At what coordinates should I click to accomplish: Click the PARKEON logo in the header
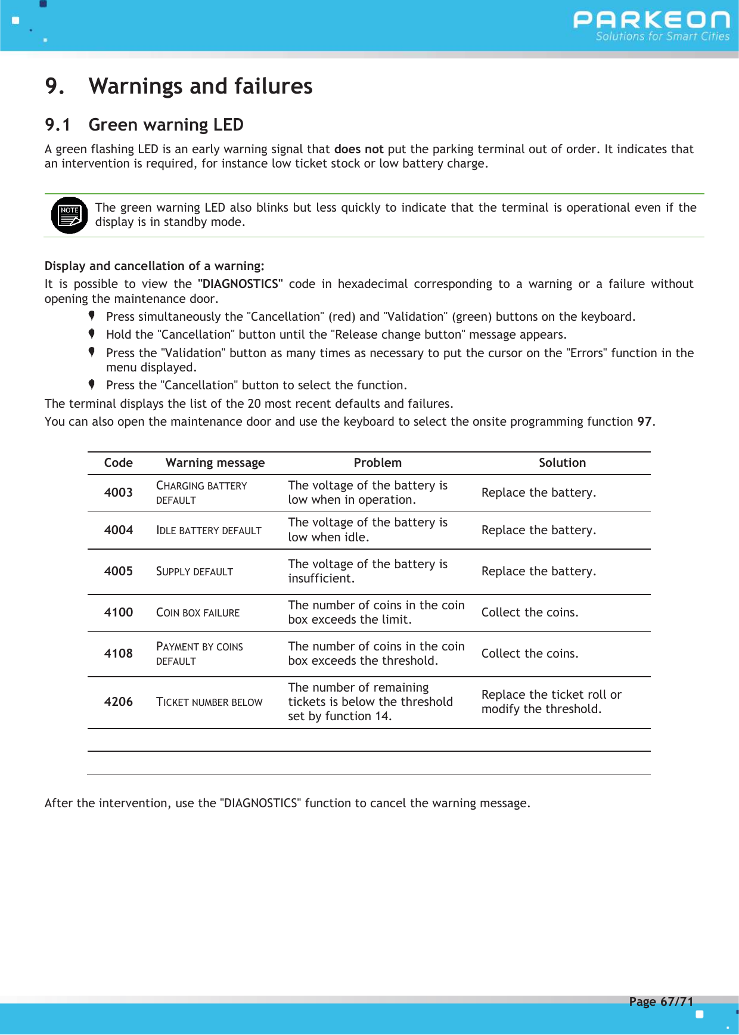click(x=651, y=25)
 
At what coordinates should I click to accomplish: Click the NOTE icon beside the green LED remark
click(x=69, y=215)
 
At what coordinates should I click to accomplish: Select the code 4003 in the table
click(x=118, y=492)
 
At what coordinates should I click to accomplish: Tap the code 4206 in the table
click(x=118, y=702)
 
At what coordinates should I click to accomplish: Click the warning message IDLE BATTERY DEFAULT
click(x=209, y=531)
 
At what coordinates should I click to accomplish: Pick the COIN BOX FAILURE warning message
click(x=197, y=613)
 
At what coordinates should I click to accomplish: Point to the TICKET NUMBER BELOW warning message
click(x=209, y=702)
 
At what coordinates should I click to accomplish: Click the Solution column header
click(x=562, y=463)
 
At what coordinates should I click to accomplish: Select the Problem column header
click(x=377, y=463)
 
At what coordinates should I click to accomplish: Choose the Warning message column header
click(x=215, y=463)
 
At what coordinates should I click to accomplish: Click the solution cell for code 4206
click(x=551, y=702)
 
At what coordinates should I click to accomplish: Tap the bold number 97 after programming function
click(x=644, y=422)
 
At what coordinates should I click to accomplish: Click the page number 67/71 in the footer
click(x=661, y=1002)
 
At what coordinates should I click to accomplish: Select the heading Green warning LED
click(x=166, y=125)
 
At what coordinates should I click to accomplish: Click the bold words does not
click(x=358, y=149)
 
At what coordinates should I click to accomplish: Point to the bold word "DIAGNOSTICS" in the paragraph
click(x=240, y=284)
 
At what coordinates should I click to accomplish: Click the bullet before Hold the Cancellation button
click(x=92, y=334)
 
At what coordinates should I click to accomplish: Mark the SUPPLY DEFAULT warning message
click(x=194, y=572)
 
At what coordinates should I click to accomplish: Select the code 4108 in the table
click(x=118, y=653)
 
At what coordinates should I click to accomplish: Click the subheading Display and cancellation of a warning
click(x=154, y=266)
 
